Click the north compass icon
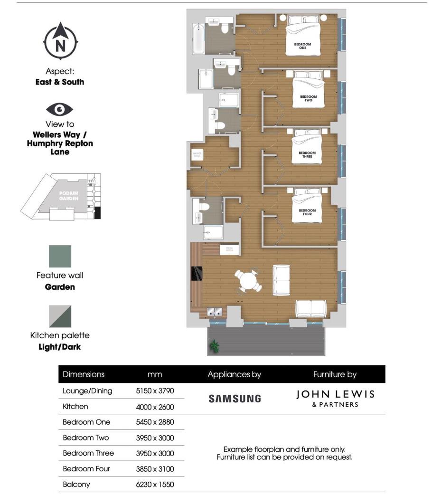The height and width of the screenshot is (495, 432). [60, 42]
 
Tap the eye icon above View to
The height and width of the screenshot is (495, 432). [60, 110]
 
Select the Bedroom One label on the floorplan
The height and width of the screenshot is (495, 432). [302, 46]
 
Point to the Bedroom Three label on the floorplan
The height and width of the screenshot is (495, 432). [307, 154]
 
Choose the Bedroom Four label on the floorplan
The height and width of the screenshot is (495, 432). [307, 212]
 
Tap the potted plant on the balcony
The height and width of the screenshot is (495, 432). [215, 346]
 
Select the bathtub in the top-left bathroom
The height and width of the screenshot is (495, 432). [198, 39]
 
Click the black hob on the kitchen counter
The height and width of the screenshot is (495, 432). [197, 274]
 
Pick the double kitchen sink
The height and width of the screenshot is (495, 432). [216, 312]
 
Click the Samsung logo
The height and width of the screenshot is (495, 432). [235, 399]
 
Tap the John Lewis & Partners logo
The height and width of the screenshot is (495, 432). [335, 399]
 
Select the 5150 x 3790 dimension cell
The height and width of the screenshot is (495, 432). [155, 391]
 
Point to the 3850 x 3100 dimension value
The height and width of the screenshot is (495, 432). [155, 469]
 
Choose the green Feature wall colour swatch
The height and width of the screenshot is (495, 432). [60, 257]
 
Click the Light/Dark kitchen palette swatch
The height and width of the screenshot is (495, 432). [60, 317]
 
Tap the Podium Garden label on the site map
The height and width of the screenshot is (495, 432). [68, 196]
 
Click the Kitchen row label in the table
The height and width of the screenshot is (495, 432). [75, 407]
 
